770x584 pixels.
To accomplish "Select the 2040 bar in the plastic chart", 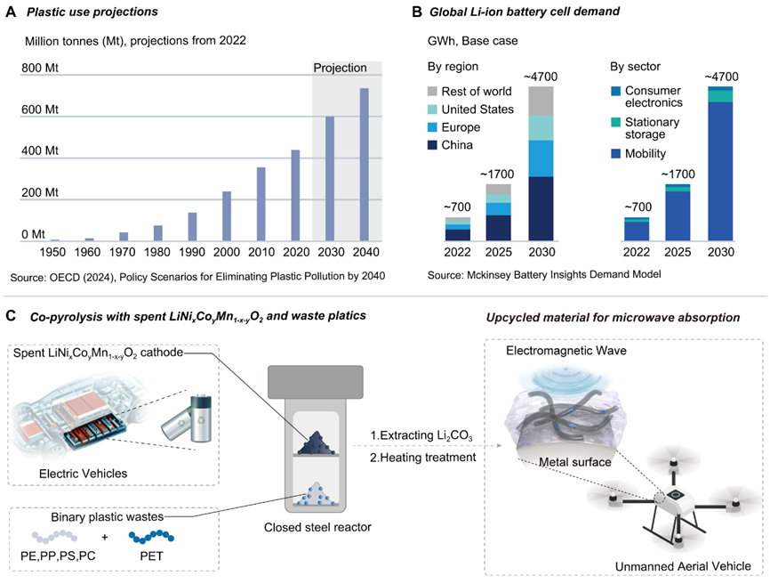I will tap(364, 165).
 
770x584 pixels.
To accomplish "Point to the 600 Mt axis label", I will tap(41, 109).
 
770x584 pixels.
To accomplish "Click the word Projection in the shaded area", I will tap(340, 68).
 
